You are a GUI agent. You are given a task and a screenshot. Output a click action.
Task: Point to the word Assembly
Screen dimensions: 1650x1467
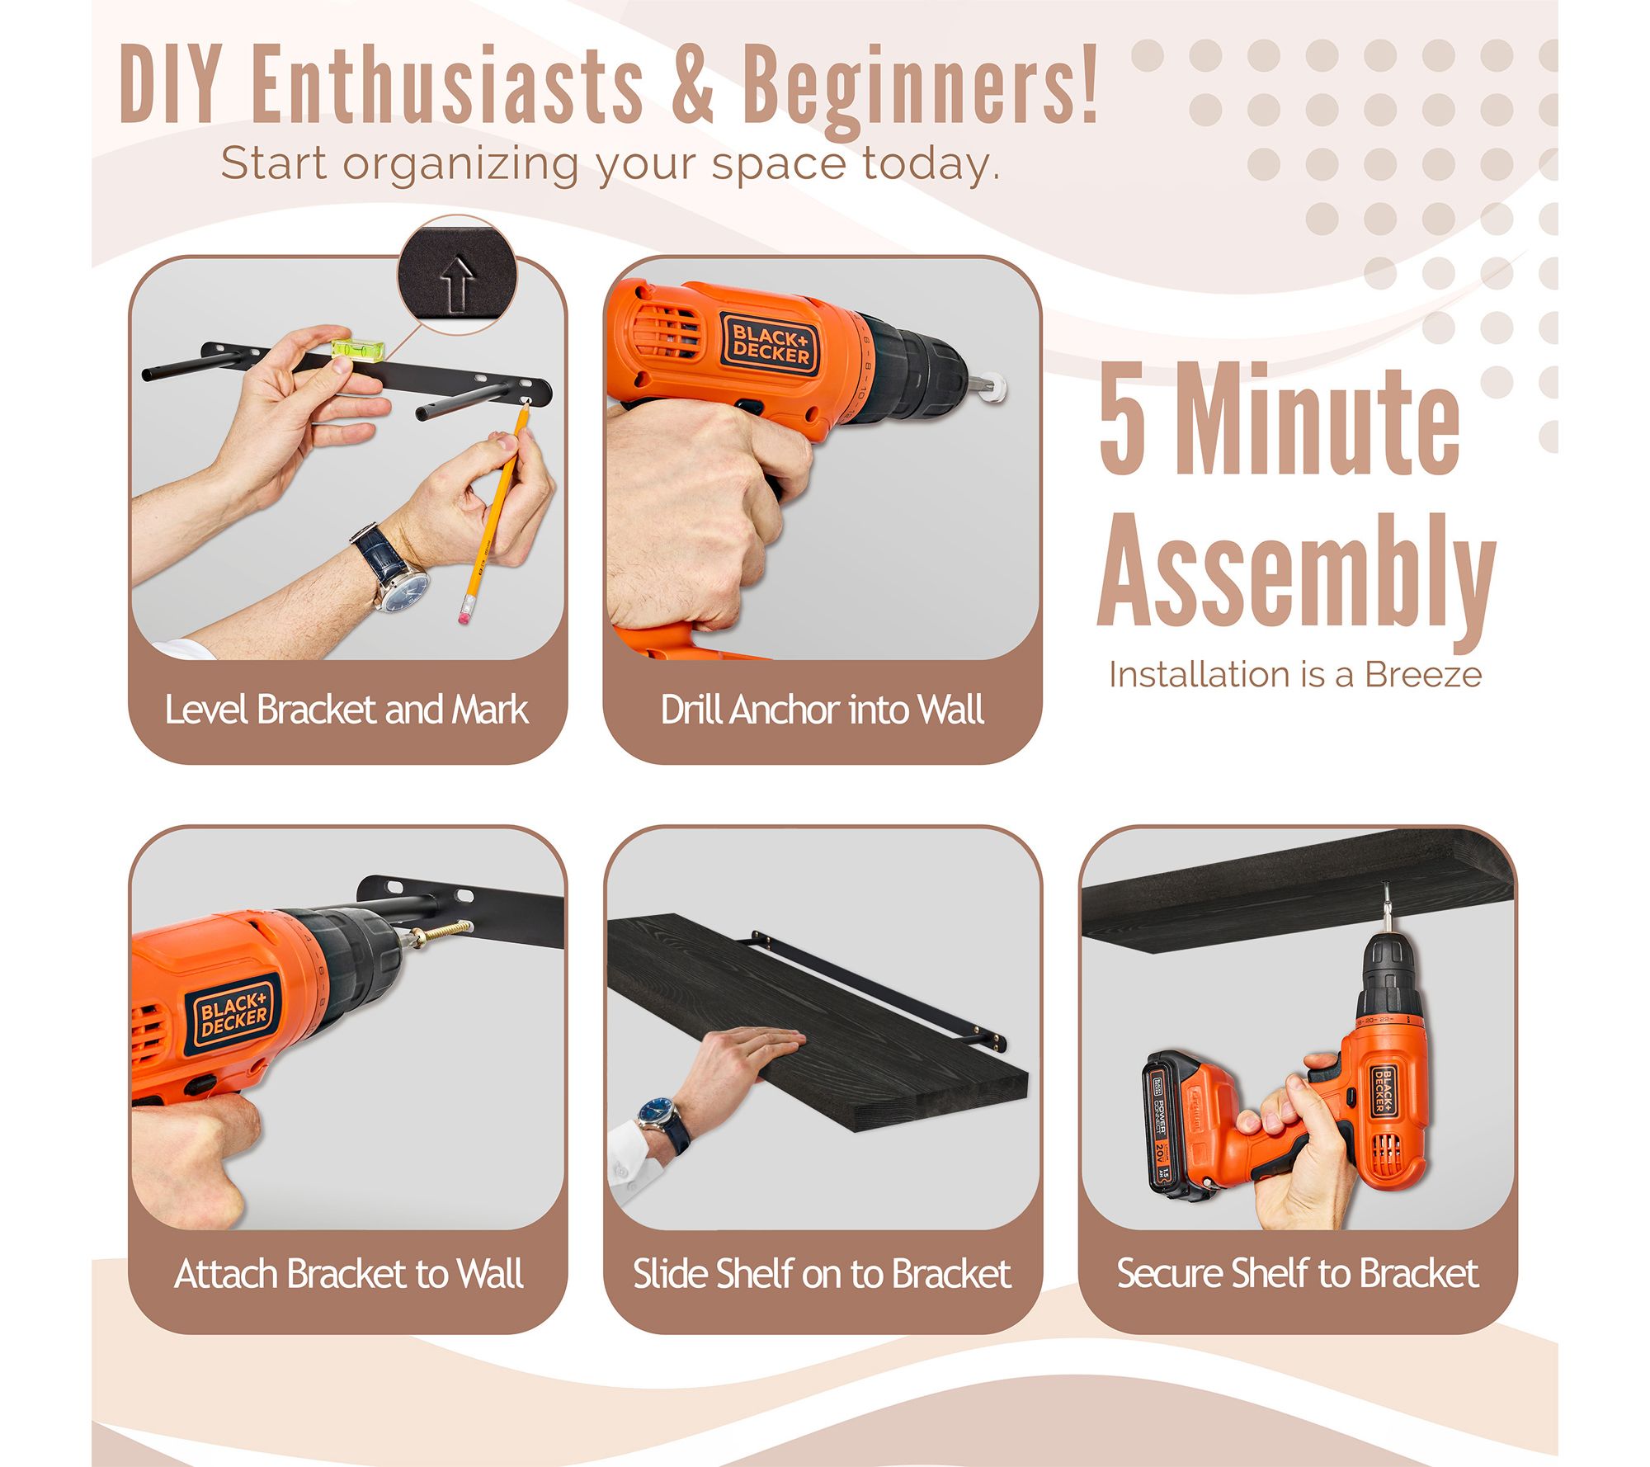pyautogui.click(x=1296, y=573)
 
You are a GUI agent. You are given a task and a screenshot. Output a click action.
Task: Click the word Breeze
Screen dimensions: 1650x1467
pyautogui.click(x=1423, y=674)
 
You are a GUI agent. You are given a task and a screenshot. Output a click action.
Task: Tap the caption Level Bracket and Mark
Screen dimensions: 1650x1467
pyautogui.click(x=346, y=710)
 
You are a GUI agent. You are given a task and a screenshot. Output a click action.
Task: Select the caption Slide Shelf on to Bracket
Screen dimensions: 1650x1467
pyautogui.click(x=822, y=1274)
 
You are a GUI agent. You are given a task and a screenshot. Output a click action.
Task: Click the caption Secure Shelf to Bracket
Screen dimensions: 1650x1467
pyautogui.click(x=1297, y=1273)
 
